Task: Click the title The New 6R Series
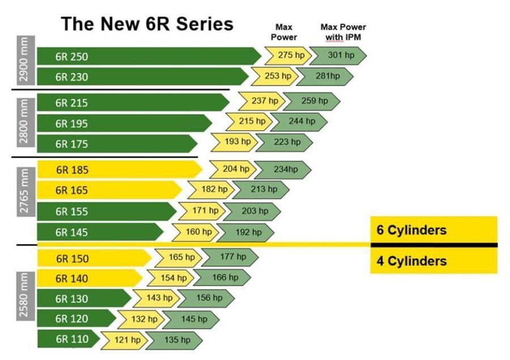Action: click(x=147, y=24)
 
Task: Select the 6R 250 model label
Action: click(x=71, y=56)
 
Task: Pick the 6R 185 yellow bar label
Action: click(x=72, y=170)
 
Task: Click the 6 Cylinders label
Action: click(x=411, y=230)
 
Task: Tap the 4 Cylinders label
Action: click(x=411, y=261)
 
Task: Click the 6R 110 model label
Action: click(x=71, y=340)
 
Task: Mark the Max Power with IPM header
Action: click(x=343, y=32)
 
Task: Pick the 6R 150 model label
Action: click(x=72, y=259)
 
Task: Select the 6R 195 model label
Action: click(x=71, y=123)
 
